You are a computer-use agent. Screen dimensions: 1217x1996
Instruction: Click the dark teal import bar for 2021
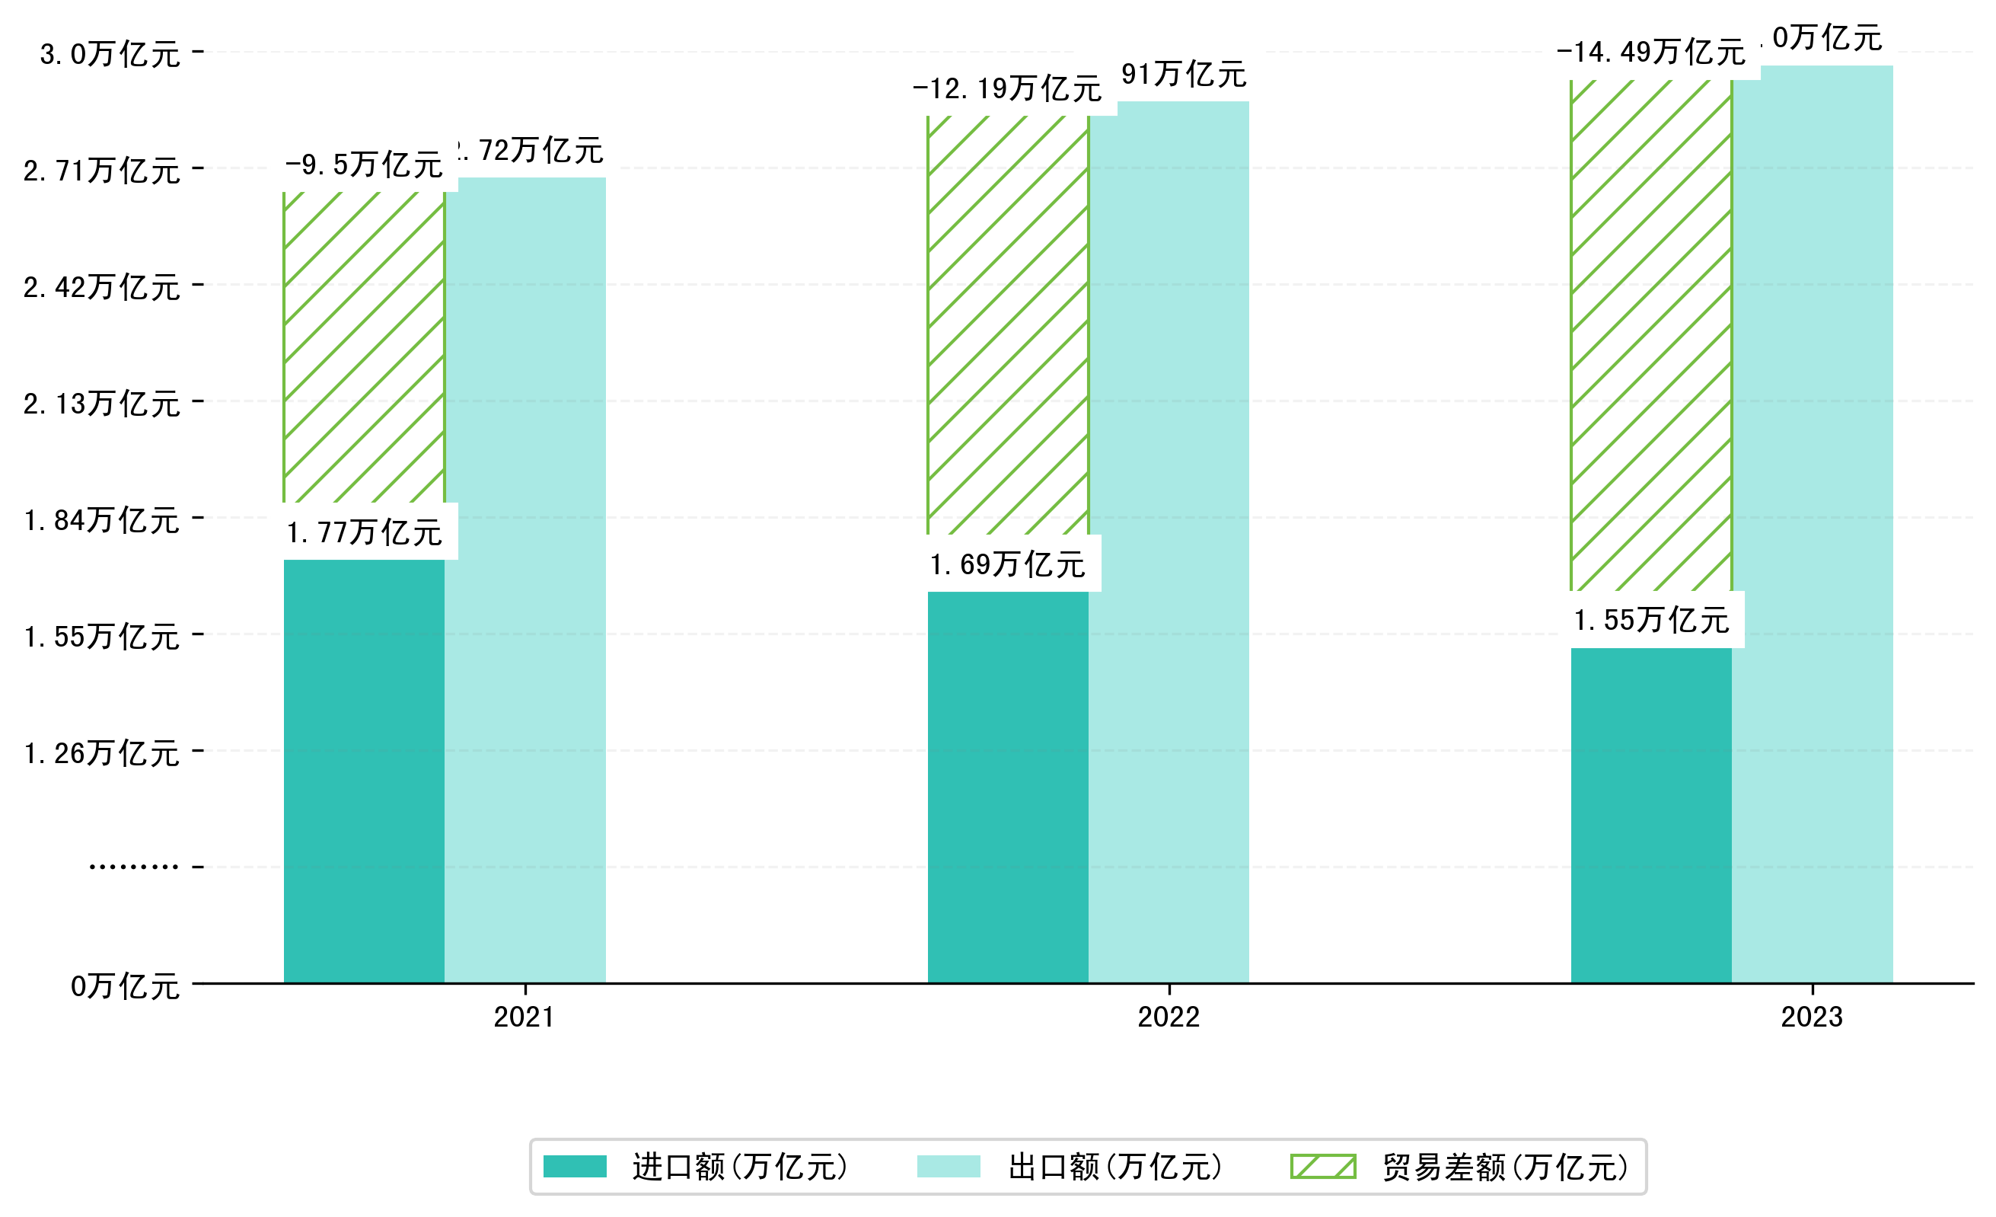(x=364, y=770)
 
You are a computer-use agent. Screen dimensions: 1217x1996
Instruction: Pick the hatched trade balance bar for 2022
(x=1007, y=324)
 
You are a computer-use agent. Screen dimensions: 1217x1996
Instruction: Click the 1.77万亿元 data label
(x=364, y=532)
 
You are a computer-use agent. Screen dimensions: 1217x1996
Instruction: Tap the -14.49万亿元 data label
(x=1650, y=53)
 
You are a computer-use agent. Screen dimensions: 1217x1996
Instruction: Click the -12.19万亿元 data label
(x=1007, y=88)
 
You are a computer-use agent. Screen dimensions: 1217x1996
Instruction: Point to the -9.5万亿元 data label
(x=364, y=165)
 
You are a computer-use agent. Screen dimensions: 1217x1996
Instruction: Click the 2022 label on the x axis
(x=1168, y=1017)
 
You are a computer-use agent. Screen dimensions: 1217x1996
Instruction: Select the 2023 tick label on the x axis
(x=1811, y=1017)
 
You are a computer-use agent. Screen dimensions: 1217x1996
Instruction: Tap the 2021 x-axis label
(x=524, y=1017)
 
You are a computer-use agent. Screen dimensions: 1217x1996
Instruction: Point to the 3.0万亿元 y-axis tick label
(x=110, y=54)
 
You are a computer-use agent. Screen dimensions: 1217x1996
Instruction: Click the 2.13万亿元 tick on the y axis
(x=102, y=404)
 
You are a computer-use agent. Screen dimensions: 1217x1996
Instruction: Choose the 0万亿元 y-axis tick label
(x=126, y=986)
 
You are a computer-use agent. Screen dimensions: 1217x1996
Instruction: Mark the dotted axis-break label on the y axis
(x=134, y=867)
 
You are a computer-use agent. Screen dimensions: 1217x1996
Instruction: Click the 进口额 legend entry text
(x=741, y=1167)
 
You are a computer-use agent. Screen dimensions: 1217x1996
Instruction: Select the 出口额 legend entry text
(x=1114, y=1167)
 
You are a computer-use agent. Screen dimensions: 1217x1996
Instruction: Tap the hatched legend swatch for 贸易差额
(x=1323, y=1167)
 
